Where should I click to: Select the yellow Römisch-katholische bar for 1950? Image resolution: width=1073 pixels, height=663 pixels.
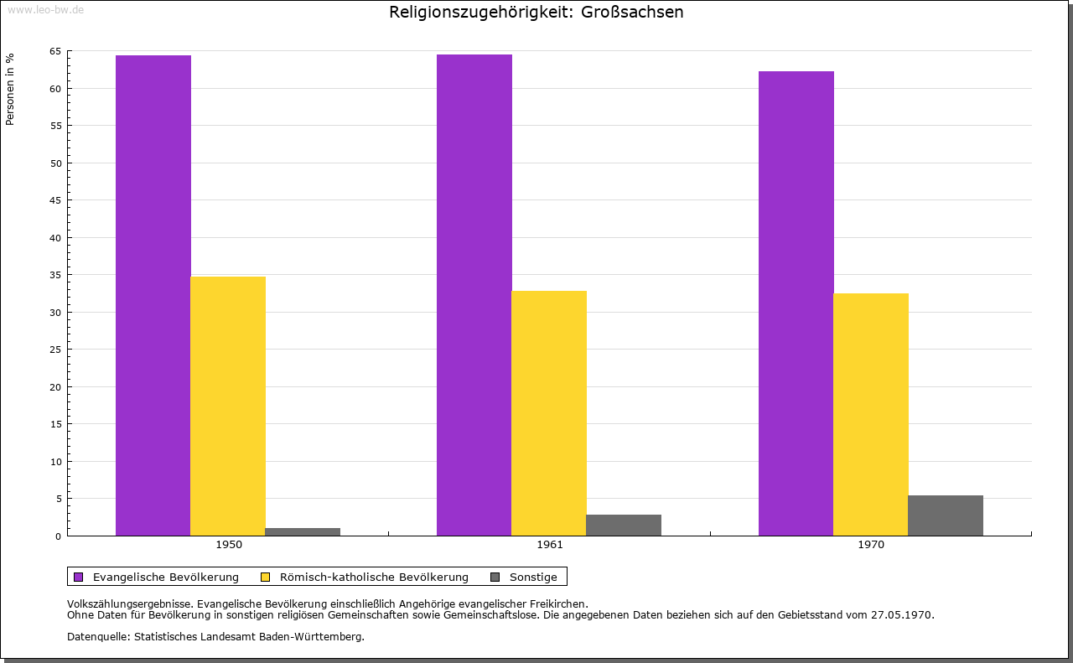point(228,406)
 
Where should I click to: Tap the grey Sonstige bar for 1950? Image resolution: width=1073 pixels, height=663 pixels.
point(303,531)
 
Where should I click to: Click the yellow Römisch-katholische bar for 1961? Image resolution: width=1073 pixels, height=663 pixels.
point(549,413)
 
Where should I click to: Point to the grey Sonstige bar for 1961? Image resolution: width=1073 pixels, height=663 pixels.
point(624,525)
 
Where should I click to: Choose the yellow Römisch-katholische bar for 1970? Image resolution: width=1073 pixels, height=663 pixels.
point(871,414)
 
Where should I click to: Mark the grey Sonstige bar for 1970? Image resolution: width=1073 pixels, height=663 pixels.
point(946,515)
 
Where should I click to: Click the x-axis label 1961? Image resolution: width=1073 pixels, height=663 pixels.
point(550,545)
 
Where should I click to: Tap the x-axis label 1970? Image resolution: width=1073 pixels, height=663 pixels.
point(871,545)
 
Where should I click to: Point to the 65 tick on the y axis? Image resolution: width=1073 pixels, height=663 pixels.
point(55,51)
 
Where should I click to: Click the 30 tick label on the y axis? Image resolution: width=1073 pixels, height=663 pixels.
point(55,313)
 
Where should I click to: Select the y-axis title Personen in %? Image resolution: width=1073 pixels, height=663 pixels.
point(10,89)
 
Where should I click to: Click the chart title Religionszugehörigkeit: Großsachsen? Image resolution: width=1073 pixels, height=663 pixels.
point(536,13)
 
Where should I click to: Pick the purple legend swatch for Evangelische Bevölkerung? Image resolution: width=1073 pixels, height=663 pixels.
point(79,577)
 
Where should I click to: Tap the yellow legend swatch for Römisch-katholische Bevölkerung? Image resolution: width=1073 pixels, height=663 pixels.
point(266,577)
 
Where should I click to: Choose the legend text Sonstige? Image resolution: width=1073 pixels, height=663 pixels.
point(533,577)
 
